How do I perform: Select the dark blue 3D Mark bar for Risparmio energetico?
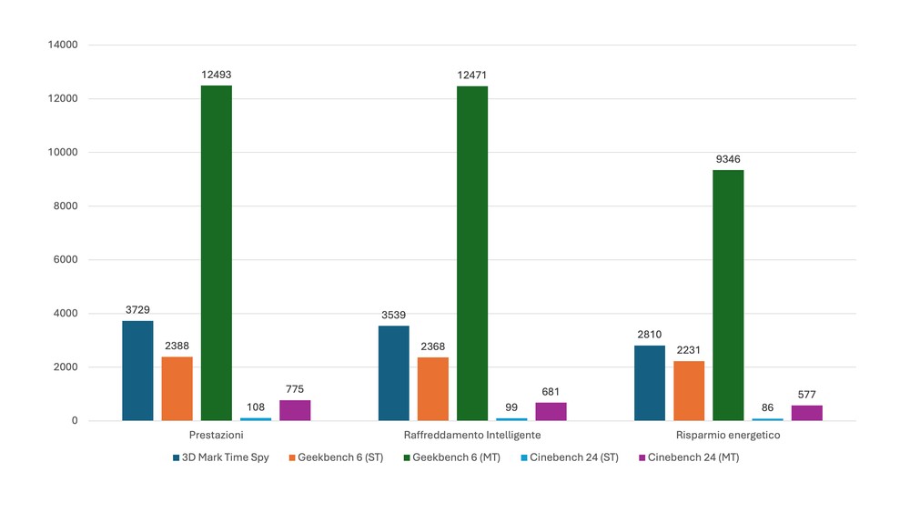click(x=650, y=383)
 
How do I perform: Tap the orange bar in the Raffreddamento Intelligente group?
click(x=432, y=388)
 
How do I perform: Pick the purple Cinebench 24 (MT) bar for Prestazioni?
click(x=295, y=410)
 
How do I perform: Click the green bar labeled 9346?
click(x=728, y=295)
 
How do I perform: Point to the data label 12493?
click(x=216, y=75)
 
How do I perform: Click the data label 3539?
click(x=393, y=315)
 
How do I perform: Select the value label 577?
click(x=806, y=395)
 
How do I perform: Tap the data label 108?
click(x=255, y=407)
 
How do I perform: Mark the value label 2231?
click(x=689, y=350)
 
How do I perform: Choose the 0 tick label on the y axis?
click(x=75, y=421)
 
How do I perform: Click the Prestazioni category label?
click(x=216, y=436)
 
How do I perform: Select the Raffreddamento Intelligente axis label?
click(x=471, y=436)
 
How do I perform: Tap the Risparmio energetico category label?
click(x=728, y=436)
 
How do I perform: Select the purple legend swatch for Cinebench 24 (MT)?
click(x=642, y=457)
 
